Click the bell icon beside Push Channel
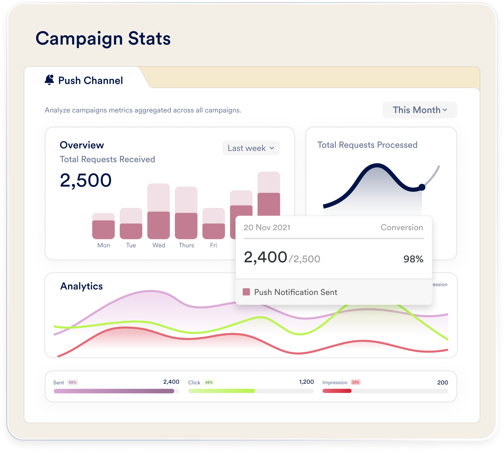tap(49, 80)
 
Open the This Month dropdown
tap(419, 110)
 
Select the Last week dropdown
tap(251, 148)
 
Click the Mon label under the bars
tap(103, 245)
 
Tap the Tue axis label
tap(131, 245)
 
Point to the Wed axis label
tap(159, 245)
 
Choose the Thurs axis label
tap(186, 245)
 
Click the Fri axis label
tap(213, 245)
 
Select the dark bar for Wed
tap(158, 225)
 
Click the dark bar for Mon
tap(103, 230)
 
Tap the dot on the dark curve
tap(422, 187)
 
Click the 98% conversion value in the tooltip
tap(413, 259)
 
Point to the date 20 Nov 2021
tap(267, 227)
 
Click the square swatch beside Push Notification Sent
tap(246, 292)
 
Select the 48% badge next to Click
tap(209, 382)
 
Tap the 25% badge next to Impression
tap(356, 382)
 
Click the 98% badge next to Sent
tap(73, 382)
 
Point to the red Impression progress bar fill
tap(337, 391)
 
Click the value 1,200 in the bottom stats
tap(306, 382)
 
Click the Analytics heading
tap(81, 286)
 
